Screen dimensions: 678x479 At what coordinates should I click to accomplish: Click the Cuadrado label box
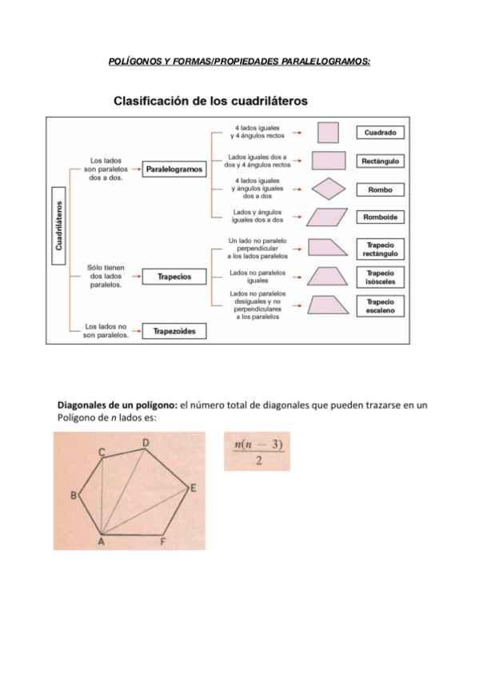point(380,132)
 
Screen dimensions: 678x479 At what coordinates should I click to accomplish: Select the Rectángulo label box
point(380,161)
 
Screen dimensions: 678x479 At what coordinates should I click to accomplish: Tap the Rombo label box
point(380,190)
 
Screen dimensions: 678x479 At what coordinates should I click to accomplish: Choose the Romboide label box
point(380,217)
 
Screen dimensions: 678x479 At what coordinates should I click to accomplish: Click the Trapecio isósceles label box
point(380,277)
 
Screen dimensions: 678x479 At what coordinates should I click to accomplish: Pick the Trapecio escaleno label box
point(380,305)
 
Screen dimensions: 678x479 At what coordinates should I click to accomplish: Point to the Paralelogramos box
point(175,169)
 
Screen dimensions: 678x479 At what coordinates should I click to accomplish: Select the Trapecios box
point(175,277)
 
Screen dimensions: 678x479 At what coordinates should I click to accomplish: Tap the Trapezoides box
point(175,330)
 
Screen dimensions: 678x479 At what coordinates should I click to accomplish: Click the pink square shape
point(328,132)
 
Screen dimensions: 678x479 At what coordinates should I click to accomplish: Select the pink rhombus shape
point(328,189)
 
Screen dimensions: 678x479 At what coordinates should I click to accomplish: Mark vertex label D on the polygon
point(146,442)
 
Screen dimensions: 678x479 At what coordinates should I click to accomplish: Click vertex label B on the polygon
point(74,496)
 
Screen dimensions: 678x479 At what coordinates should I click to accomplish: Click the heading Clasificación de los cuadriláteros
point(211,102)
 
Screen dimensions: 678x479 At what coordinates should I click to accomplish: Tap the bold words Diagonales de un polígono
point(116,405)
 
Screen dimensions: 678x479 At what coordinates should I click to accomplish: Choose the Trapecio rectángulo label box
point(380,249)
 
